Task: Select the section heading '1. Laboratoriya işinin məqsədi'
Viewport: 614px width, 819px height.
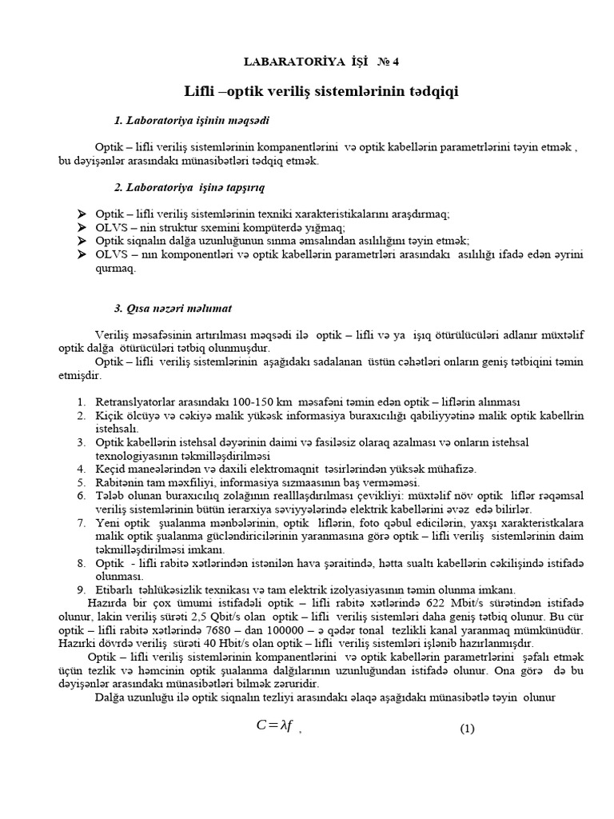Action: pyautogui.click(x=192, y=120)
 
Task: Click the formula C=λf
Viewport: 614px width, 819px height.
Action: pyautogui.click(x=274, y=726)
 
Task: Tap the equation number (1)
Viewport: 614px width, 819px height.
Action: pyautogui.click(x=467, y=729)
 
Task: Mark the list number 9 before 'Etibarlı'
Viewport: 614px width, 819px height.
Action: pyautogui.click(x=82, y=589)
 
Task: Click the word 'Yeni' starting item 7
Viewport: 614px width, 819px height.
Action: pyautogui.click(x=107, y=522)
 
